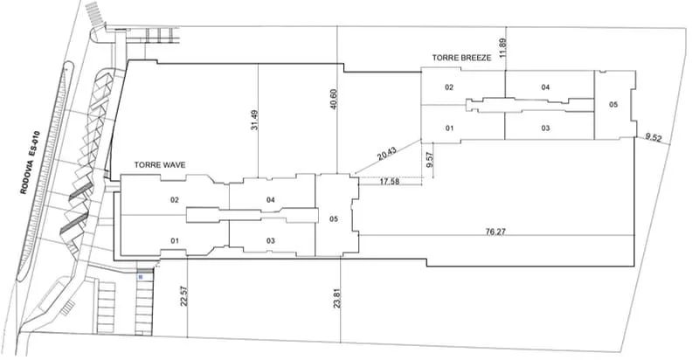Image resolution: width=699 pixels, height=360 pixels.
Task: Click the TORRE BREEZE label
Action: (461, 58)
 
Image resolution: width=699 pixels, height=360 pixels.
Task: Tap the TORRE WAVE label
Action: (160, 165)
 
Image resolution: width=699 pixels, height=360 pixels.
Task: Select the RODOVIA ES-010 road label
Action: (31, 163)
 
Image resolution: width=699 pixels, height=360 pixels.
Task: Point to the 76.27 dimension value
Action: (495, 232)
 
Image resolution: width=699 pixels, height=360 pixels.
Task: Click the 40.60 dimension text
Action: (335, 100)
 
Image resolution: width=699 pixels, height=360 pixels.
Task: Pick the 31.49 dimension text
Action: (254, 120)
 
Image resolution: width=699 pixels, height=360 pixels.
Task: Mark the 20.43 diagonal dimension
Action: (386, 154)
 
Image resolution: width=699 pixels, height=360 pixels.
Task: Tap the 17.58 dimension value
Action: (390, 182)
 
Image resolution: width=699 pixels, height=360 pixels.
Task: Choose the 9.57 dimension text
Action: (429, 159)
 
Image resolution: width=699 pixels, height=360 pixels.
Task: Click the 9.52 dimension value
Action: (653, 138)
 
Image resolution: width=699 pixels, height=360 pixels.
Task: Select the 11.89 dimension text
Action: (503, 48)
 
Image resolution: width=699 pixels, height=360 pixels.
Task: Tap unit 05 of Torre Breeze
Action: (614, 104)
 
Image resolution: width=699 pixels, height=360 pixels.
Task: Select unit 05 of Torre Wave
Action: (334, 218)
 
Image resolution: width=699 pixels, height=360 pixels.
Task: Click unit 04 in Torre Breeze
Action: (545, 87)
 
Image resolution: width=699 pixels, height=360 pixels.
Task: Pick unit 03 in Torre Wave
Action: (271, 240)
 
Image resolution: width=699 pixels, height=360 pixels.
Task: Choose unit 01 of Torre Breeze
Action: (449, 128)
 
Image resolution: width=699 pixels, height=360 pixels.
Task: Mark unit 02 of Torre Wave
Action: (175, 200)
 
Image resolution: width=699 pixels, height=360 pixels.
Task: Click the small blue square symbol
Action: (141, 277)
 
